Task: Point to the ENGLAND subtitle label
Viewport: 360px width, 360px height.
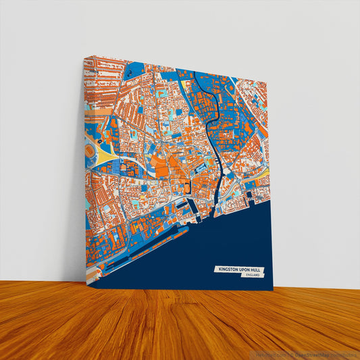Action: [x=253, y=276]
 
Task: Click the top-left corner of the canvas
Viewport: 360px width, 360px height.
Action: [x=84, y=57]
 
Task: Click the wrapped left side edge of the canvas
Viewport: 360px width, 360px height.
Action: [x=86, y=176]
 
